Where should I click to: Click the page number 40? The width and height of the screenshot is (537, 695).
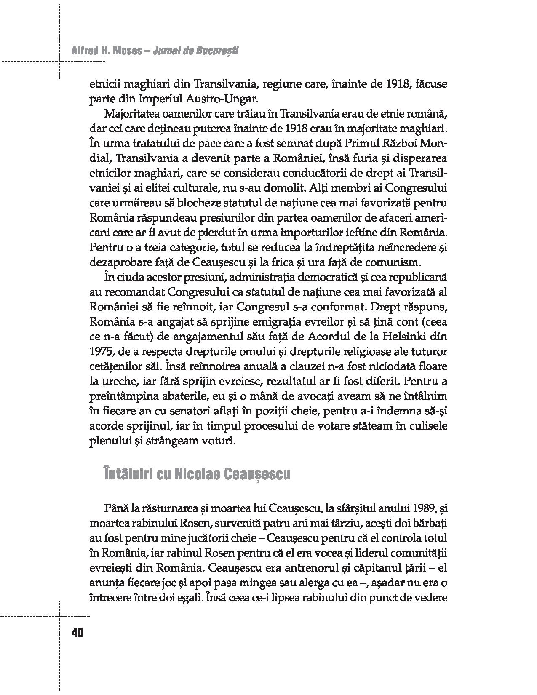click(x=78, y=633)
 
